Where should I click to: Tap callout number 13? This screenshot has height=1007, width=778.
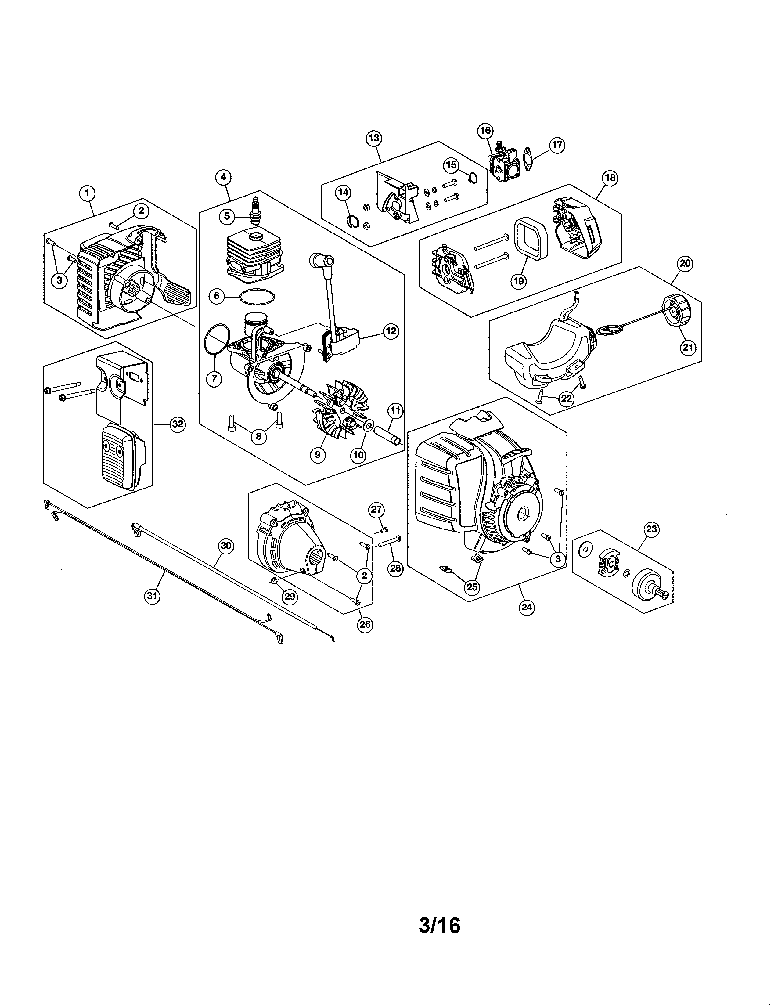(374, 138)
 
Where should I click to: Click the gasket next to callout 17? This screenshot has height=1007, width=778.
(531, 157)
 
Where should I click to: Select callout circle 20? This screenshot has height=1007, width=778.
(685, 263)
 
